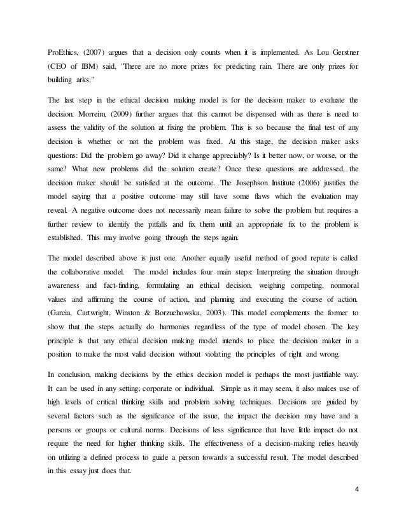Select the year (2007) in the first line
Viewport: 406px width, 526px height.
point(97,50)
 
